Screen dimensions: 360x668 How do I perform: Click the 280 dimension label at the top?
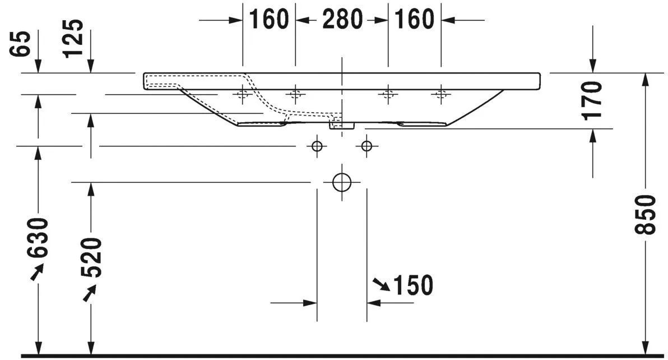[342, 20]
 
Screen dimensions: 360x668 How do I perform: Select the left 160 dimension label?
[268, 20]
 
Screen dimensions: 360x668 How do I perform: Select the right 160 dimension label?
[415, 20]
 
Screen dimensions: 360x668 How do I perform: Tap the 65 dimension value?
[21, 44]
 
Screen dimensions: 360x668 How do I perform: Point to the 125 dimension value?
[73, 39]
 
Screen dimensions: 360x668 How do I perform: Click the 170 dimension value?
[592, 101]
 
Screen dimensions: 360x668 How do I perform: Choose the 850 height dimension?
[646, 215]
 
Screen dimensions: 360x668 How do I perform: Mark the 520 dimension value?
[91, 259]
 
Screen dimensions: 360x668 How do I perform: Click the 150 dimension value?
[413, 286]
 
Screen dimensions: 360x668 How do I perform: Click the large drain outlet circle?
[341, 182]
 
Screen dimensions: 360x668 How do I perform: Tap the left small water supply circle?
[317, 146]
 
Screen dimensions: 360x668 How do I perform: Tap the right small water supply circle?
[367, 146]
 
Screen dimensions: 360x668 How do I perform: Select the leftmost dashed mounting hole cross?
[243, 94]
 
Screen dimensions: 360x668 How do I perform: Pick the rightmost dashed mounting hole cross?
[440, 94]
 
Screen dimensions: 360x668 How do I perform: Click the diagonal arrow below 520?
[89, 293]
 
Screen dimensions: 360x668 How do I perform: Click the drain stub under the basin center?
[341, 125]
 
